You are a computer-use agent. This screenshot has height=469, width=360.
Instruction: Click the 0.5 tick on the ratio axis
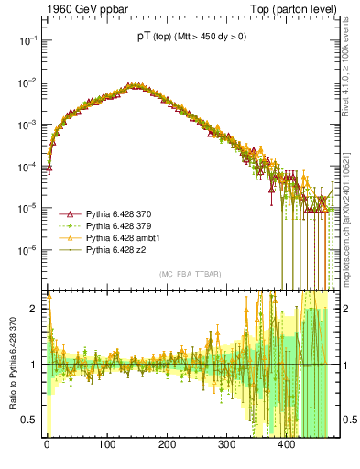(x=31, y=420)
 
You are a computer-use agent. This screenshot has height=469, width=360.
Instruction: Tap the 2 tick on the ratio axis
(x=36, y=309)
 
